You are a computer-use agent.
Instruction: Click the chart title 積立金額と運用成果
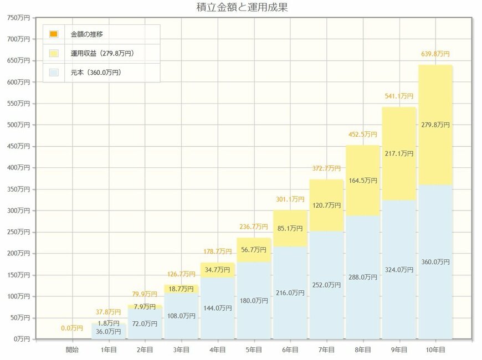pyautogui.click(x=242, y=7)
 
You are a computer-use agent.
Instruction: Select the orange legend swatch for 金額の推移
pyautogui.click(x=53, y=34)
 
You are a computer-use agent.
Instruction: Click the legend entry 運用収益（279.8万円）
pyautogui.click(x=102, y=54)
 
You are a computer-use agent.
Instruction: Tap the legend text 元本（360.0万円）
pyautogui.click(x=96, y=73)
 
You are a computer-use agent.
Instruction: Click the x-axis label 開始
pyautogui.click(x=72, y=349)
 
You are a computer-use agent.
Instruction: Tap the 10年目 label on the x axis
pyautogui.click(x=435, y=349)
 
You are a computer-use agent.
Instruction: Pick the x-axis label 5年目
pyautogui.click(x=254, y=349)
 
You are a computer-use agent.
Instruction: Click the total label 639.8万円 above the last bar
pyautogui.click(x=435, y=54)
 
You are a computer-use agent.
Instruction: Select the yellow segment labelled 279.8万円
pyautogui.click(x=435, y=125)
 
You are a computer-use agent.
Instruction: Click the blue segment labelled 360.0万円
pyautogui.click(x=435, y=261)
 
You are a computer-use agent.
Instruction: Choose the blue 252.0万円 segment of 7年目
pyautogui.click(x=326, y=285)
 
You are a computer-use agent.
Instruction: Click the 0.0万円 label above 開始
pyautogui.click(x=72, y=328)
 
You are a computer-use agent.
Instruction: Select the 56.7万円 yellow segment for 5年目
pyautogui.click(x=254, y=249)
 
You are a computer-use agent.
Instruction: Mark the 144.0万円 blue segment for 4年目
pyautogui.click(x=218, y=308)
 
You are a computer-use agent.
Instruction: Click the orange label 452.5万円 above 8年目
pyautogui.click(x=362, y=134)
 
